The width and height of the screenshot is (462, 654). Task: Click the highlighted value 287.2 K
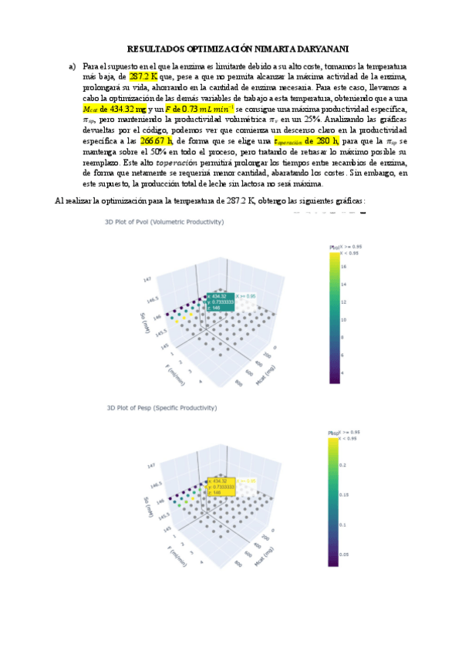tap(143, 77)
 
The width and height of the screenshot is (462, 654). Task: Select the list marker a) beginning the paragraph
tap(73, 67)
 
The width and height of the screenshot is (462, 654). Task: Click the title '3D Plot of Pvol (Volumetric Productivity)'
tap(164, 221)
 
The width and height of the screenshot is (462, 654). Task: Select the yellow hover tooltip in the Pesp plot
tap(219, 486)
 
